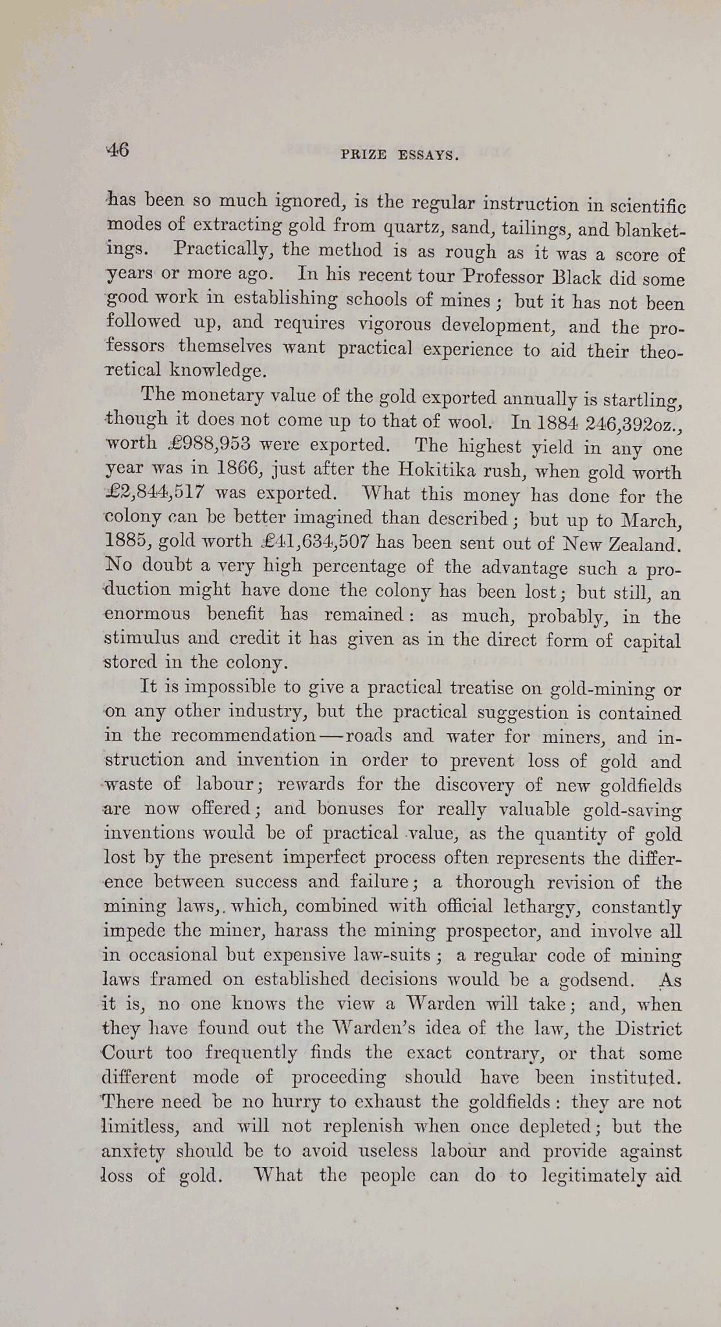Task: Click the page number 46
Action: click(x=118, y=150)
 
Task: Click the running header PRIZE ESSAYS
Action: click(x=399, y=155)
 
